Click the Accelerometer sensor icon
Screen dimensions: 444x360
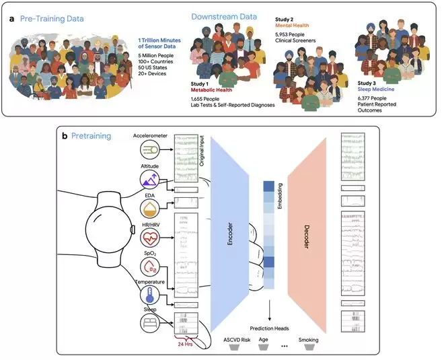click(150, 149)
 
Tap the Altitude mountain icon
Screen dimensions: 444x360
click(150, 180)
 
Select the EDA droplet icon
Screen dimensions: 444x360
click(150, 209)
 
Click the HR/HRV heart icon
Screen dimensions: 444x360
click(150, 238)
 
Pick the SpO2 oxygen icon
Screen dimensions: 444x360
click(150, 267)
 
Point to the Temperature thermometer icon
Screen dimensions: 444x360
click(150, 295)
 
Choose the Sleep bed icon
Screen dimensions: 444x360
click(150, 323)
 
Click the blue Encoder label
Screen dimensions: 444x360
click(230, 234)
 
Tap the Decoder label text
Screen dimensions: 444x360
click(306, 237)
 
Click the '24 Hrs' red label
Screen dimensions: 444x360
click(185, 344)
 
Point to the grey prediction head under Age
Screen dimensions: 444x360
click(263, 347)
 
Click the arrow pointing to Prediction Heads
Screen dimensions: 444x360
click(269, 310)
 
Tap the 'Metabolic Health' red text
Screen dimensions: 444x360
click(211, 90)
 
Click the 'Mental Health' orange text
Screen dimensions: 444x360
click(292, 26)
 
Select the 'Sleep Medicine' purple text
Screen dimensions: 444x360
click(376, 89)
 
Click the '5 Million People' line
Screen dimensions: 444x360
click(156, 56)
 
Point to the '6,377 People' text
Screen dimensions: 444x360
click(372, 98)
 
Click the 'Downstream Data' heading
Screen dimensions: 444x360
click(224, 17)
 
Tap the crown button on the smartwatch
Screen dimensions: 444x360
click(132, 229)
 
